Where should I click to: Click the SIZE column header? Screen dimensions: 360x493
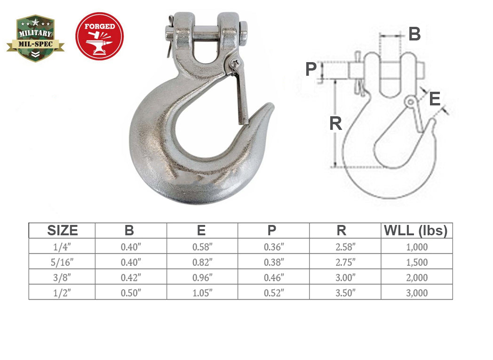(x=62, y=231)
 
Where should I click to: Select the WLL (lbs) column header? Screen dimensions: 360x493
(x=416, y=231)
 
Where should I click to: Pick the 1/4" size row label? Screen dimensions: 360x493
(x=62, y=246)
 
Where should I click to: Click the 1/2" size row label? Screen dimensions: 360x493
(x=62, y=293)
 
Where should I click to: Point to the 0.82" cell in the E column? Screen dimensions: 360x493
(x=202, y=262)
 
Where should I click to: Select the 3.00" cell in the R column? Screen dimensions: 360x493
(x=345, y=277)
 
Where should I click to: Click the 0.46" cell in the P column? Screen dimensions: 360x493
(x=273, y=277)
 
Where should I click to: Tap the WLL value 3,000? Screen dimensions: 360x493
(x=416, y=293)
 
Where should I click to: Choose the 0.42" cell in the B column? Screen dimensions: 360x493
(x=131, y=277)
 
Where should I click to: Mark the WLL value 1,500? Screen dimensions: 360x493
(x=416, y=262)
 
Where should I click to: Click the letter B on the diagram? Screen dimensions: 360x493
(x=414, y=34)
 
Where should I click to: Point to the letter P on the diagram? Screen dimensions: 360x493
(x=311, y=69)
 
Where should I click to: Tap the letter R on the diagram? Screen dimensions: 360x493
(x=335, y=123)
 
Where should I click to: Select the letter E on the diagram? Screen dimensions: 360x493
(x=434, y=99)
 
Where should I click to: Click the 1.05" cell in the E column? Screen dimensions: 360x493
(x=202, y=293)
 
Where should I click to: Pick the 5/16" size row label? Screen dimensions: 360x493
(x=62, y=262)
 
